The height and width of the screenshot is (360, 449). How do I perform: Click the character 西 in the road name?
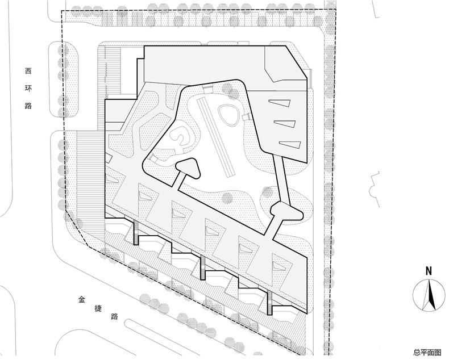(28, 71)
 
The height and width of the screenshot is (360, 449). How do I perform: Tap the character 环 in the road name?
(28, 88)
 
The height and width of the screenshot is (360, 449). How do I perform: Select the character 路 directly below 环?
(28, 106)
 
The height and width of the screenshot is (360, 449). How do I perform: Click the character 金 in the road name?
(82, 300)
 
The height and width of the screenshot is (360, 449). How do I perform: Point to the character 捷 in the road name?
(98, 308)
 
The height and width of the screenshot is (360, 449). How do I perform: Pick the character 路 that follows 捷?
(115, 316)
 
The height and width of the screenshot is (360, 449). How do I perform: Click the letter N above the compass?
(429, 271)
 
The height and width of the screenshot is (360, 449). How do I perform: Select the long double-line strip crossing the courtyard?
(215, 136)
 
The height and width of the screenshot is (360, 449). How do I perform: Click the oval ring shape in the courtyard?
(228, 115)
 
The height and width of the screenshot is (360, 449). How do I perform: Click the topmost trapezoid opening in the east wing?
(280, 103)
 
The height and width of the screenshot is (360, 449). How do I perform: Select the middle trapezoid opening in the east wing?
(285, 124)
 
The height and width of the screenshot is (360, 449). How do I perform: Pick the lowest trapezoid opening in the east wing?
(290, 144)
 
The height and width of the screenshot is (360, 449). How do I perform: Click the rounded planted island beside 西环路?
(64, 79)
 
